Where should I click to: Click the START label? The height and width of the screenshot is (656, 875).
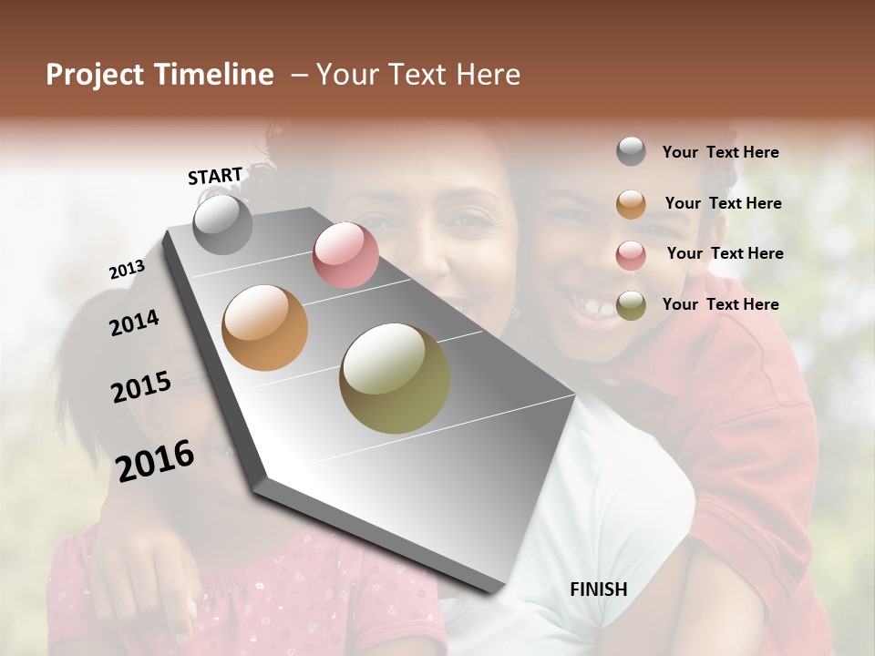click(x=215, y=176)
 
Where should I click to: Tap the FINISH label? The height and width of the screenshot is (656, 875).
click(x=598, y=589)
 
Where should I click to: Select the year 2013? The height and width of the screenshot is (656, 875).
click(x=127, y=270)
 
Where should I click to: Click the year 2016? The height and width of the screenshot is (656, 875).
click(x=156, y=460)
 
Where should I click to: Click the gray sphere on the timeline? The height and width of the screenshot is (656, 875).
click(x=222, y=224)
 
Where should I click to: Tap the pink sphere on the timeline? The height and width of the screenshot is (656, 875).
click(x=345, y=255)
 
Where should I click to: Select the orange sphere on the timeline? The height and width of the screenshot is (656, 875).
click(x=264, y=328)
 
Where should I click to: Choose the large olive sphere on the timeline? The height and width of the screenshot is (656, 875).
click(x=395, y=378)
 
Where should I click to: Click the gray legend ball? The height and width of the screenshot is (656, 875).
click(x=631, y=151)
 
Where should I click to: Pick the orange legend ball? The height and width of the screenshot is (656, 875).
click(x=631, y=204)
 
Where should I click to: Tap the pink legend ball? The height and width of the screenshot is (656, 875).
click(x=631, y=255)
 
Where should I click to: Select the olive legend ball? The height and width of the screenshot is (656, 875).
click(x=631, y=306)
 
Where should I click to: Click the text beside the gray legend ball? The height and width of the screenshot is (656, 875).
click(x=720, y=152)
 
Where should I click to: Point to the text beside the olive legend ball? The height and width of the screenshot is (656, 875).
click(x=720, y=304)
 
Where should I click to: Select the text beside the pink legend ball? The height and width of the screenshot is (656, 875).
click(x=725, y=253)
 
